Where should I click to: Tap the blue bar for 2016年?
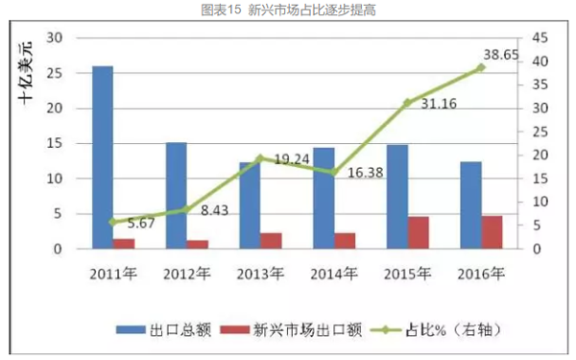pos(471,205)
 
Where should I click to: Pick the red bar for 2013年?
pos(271,240)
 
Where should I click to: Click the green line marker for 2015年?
pos(408,102)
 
